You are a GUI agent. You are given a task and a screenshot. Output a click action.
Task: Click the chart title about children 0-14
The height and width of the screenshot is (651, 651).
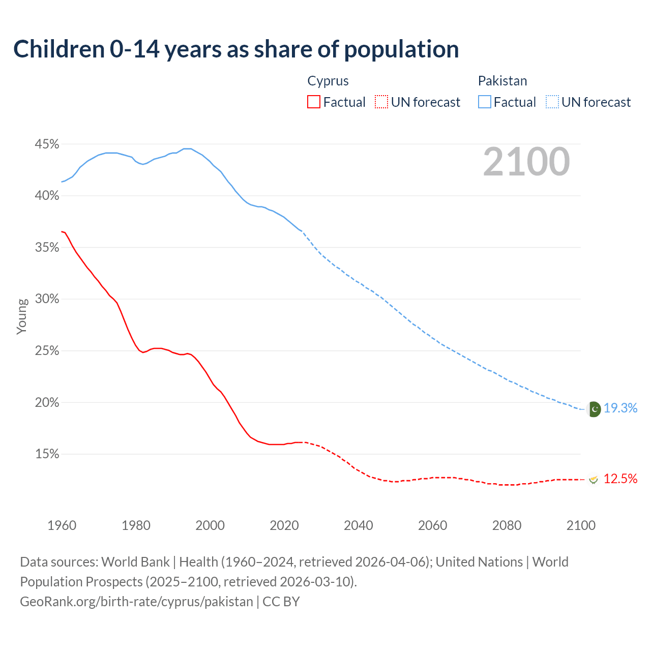[x=236, y=49]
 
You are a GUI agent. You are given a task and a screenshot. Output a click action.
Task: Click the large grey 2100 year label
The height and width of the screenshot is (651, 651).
[x=526, y=161]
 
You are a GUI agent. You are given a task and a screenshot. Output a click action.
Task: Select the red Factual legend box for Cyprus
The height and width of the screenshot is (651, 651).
[x=314, y=102]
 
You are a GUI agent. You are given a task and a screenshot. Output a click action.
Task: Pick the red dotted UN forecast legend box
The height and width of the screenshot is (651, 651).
[x=381, y=102]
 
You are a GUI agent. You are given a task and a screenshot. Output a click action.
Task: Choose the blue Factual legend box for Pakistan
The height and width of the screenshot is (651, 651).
[x=485, y=102]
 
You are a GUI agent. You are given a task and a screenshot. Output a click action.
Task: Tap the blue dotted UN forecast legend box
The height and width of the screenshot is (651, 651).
[x=552, y=102]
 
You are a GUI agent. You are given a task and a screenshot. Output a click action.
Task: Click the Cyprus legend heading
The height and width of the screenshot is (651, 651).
[x=328, y=81]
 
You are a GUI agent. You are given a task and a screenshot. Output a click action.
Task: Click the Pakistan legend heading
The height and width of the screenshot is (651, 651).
[x=502, y=81]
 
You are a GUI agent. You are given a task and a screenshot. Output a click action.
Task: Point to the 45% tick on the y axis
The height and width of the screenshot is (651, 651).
[x=47, y=144]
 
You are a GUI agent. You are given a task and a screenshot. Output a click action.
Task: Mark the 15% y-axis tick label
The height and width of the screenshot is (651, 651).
[x=47, y=454]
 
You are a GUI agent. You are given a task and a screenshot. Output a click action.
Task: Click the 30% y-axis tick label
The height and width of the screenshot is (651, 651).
[x=47, y=299]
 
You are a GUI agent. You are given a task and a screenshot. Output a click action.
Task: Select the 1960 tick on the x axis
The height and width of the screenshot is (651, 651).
[x=62, y=525]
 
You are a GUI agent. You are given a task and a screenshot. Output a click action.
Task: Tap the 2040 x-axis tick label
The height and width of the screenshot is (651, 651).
[x=359, y=525]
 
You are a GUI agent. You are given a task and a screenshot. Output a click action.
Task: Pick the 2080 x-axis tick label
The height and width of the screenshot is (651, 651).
[x=507, y=525]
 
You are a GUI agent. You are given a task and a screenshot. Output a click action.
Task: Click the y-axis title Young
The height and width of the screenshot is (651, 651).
[x=22, y=316]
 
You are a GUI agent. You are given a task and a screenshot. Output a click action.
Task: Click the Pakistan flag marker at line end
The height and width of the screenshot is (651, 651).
[x=594, y=409]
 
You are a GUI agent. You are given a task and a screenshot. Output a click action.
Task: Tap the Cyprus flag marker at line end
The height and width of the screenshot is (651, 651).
[x=593, y=479]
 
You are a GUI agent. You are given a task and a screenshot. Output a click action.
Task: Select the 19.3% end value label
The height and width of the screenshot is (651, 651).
[x=620, y=408]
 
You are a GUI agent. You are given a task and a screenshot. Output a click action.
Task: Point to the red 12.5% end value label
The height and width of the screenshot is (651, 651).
[x=620, y=479]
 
